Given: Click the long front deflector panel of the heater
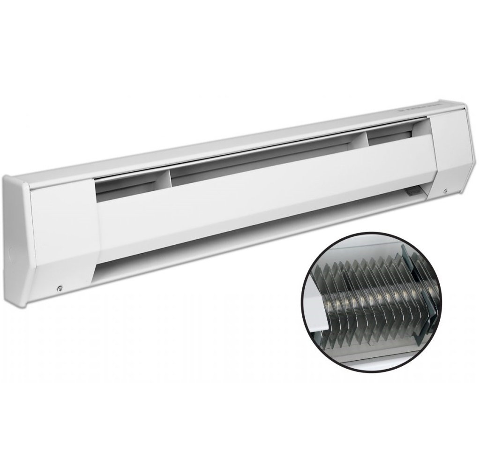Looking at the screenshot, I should click(x=262, y=197).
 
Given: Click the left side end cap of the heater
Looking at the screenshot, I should click(x=16, y=244).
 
